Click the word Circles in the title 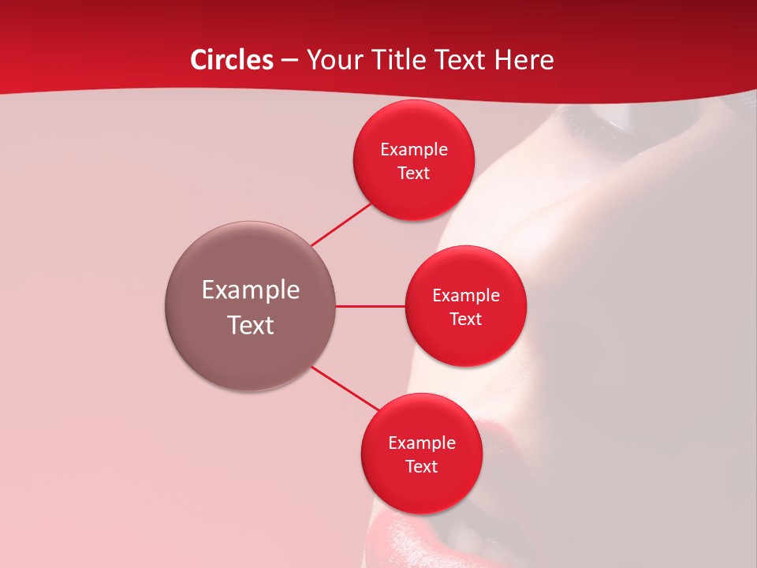232,60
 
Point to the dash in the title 289,61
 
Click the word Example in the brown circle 251,290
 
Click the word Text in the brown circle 251,325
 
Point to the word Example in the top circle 414,150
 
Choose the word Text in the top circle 413,174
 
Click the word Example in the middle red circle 466,296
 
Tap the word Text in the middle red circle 465,319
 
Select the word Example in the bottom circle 422,443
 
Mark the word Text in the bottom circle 421,467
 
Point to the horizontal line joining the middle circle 370,306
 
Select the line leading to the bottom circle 346,388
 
